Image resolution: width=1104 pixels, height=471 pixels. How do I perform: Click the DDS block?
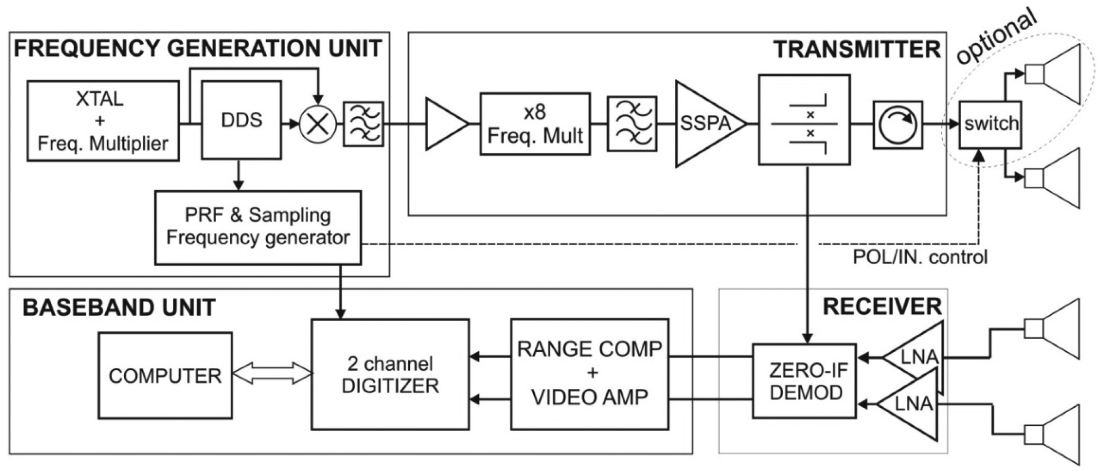[x=241, y=120]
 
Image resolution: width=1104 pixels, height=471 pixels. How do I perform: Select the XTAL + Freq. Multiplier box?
[x=103, y=121]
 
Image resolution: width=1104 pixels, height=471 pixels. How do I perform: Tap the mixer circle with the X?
[x=318, y=124]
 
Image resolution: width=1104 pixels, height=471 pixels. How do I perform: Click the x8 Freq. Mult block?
[x=535, y=124]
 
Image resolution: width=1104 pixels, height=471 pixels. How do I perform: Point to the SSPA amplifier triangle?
[x=703, y=124]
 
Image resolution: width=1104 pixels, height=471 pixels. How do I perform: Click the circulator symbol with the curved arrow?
[x=898, y=125]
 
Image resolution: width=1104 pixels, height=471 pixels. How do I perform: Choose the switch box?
[x=990, y=125]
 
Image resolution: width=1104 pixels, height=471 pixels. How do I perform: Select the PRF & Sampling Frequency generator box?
[x=258, y=228]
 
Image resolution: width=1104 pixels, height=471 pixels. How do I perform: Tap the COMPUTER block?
[x=166, y=376]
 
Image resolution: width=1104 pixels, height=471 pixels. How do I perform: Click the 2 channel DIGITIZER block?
[x=390, y=374]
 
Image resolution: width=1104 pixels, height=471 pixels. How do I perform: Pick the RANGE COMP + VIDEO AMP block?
[x=590, y=374]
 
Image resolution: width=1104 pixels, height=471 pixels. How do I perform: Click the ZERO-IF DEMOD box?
[x=804, y=381]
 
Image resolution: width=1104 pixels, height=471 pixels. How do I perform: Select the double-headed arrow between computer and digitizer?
[x=272, y=373]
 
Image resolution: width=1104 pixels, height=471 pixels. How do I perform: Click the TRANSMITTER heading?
[x=857, y=50]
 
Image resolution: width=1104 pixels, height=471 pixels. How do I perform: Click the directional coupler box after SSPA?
[x=804, y=120]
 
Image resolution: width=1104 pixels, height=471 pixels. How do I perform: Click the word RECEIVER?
[x=882, y=307]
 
